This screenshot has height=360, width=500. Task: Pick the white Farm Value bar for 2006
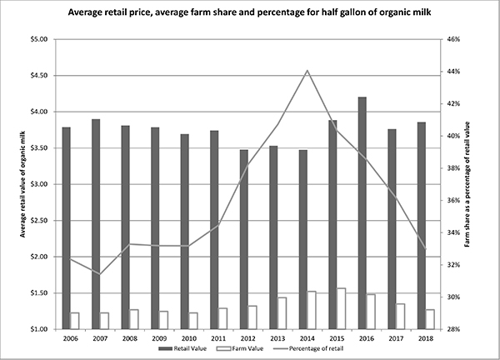[75, 320]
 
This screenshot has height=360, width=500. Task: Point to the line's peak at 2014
[307, 71]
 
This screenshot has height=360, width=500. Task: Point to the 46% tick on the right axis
[451, 39]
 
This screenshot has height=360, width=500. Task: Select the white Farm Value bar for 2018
[430, 319]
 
